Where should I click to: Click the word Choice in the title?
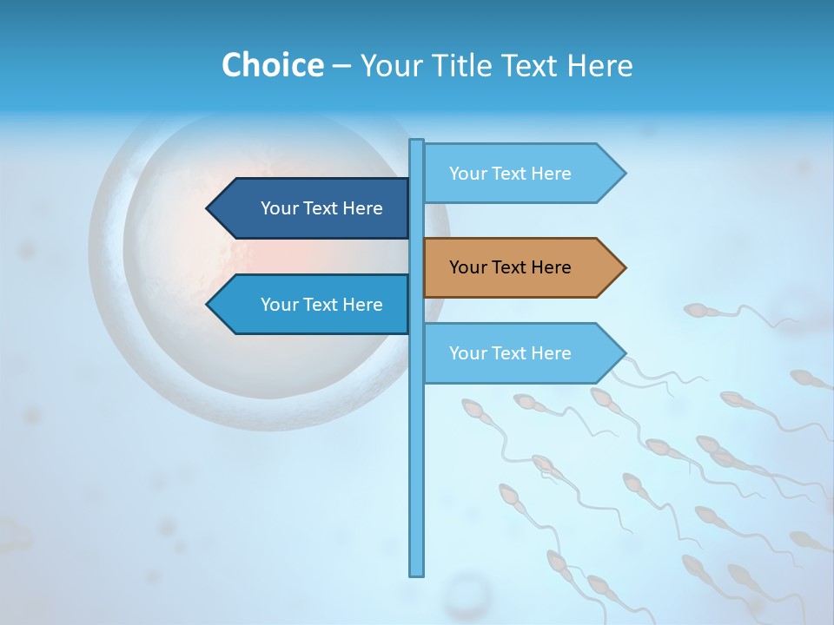272,65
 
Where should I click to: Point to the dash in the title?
341,66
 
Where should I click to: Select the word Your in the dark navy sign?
279,208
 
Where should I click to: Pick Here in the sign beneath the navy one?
362,305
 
